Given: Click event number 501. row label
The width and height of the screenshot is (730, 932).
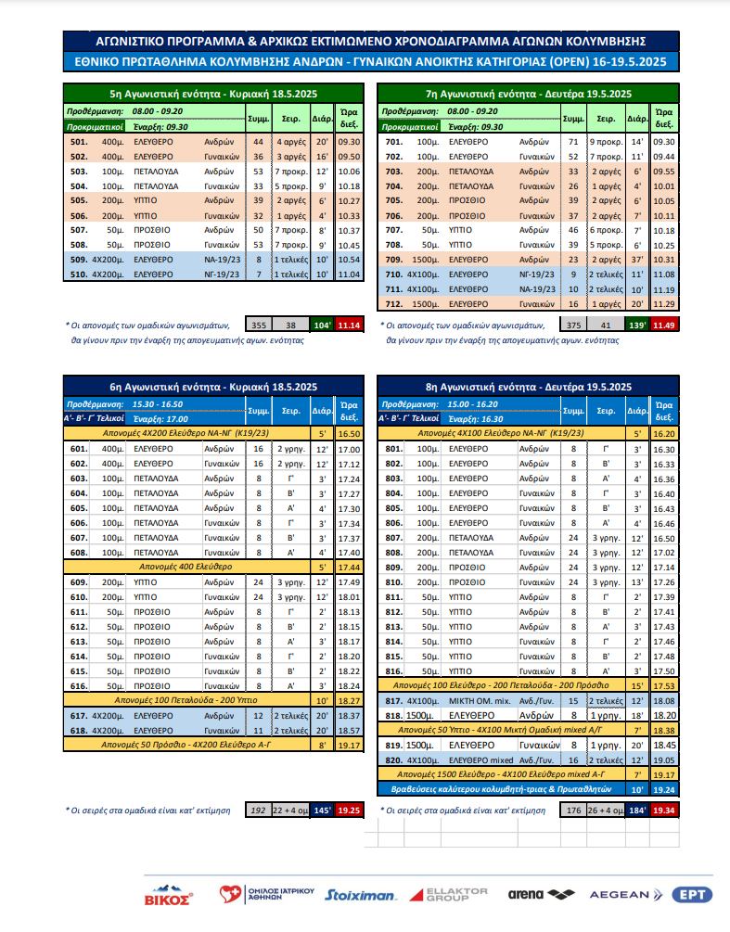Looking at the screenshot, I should coord(79,143).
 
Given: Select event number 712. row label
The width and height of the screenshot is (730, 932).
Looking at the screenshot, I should coord(394,303).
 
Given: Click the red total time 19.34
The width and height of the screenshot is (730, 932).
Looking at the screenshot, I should coord(663,810).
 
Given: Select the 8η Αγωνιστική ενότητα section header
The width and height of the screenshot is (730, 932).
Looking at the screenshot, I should coord(528,387).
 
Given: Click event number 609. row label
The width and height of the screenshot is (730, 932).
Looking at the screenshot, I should coord(79,582).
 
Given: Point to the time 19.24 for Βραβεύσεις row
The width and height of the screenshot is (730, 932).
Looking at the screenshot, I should coord(663,788).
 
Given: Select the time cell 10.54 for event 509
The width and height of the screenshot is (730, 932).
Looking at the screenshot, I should coord(349,261).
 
